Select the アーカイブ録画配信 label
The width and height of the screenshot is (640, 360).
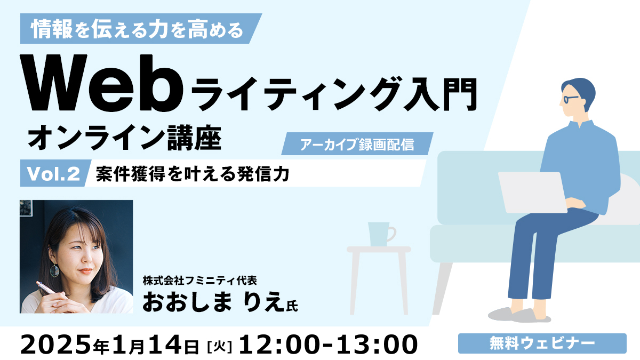click(x=357, y=144)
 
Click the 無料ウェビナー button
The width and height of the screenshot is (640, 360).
click(x=542, y=343)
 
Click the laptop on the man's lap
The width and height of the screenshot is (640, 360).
click(x=533, y=193)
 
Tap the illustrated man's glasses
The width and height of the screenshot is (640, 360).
click(x=570, y=99)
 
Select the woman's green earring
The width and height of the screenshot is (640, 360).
click(x=54, y=270)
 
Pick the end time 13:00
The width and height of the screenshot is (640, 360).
click(x=379, y=345)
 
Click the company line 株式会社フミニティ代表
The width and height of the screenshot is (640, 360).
click(x=200, y=281)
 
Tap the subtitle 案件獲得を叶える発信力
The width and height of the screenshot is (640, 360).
click(x=193, y=174)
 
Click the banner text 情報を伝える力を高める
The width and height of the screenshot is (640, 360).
click(x=137, y=29)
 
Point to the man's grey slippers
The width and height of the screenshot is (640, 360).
click(x=519, y=315)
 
